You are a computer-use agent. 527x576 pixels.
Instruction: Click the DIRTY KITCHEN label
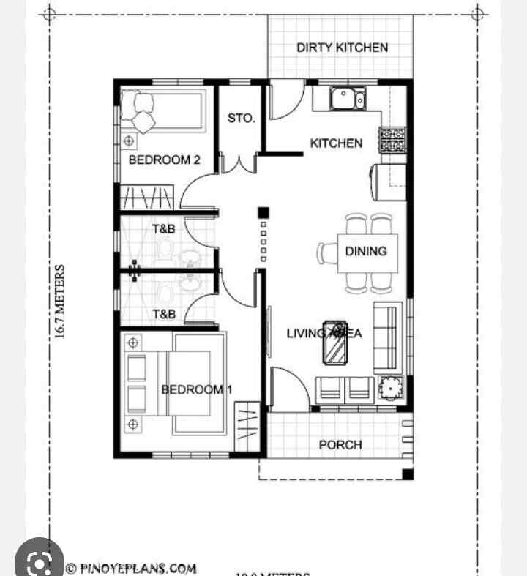[342, 48]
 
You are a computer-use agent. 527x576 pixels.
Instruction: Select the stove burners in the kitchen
[392, 140]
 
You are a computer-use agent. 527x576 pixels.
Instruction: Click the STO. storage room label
[241, 118]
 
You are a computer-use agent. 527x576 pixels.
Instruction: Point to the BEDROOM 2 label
[164, 160]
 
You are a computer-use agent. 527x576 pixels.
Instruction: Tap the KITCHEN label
[336, 143]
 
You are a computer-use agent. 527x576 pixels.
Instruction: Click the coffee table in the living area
[337, 341]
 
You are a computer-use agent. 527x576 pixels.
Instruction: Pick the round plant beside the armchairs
[390, 387]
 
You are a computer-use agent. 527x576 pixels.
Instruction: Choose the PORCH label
[340, 444]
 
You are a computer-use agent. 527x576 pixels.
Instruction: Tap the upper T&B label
[164, 229]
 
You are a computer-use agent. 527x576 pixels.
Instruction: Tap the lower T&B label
[164, 315]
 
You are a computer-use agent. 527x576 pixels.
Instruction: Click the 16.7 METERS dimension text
[60, 302]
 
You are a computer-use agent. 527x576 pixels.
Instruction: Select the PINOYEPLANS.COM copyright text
[132, 567]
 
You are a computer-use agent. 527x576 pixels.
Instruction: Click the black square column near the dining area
[263, 213]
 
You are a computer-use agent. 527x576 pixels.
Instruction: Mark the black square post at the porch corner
[407, 474]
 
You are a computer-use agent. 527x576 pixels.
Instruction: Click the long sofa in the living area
[387, 336]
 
